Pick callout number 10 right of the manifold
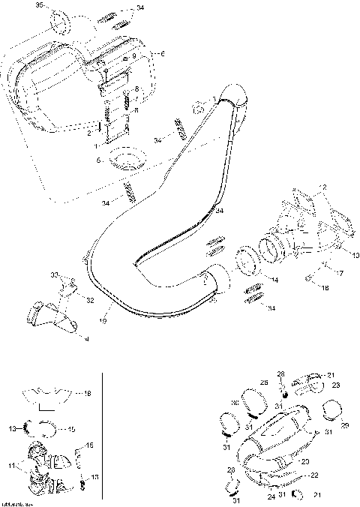(355, 255)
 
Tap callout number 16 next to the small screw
(325, 287)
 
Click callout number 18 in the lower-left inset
(88, 393)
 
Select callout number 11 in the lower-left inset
(11, 466)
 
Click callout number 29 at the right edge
(345, 425)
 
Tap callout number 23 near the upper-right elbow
(336, 385)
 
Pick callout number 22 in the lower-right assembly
(314, 475)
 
